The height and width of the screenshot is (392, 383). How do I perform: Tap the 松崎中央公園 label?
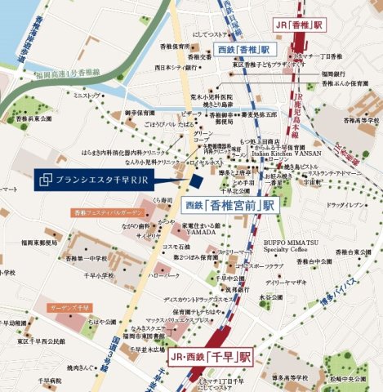[352, 377]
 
